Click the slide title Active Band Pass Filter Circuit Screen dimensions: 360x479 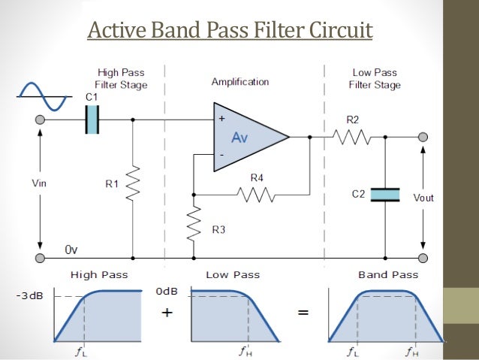(x=230, y=32)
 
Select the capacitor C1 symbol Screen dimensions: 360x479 (x=92, y=119)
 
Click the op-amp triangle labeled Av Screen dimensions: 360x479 (x=248, y=137)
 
